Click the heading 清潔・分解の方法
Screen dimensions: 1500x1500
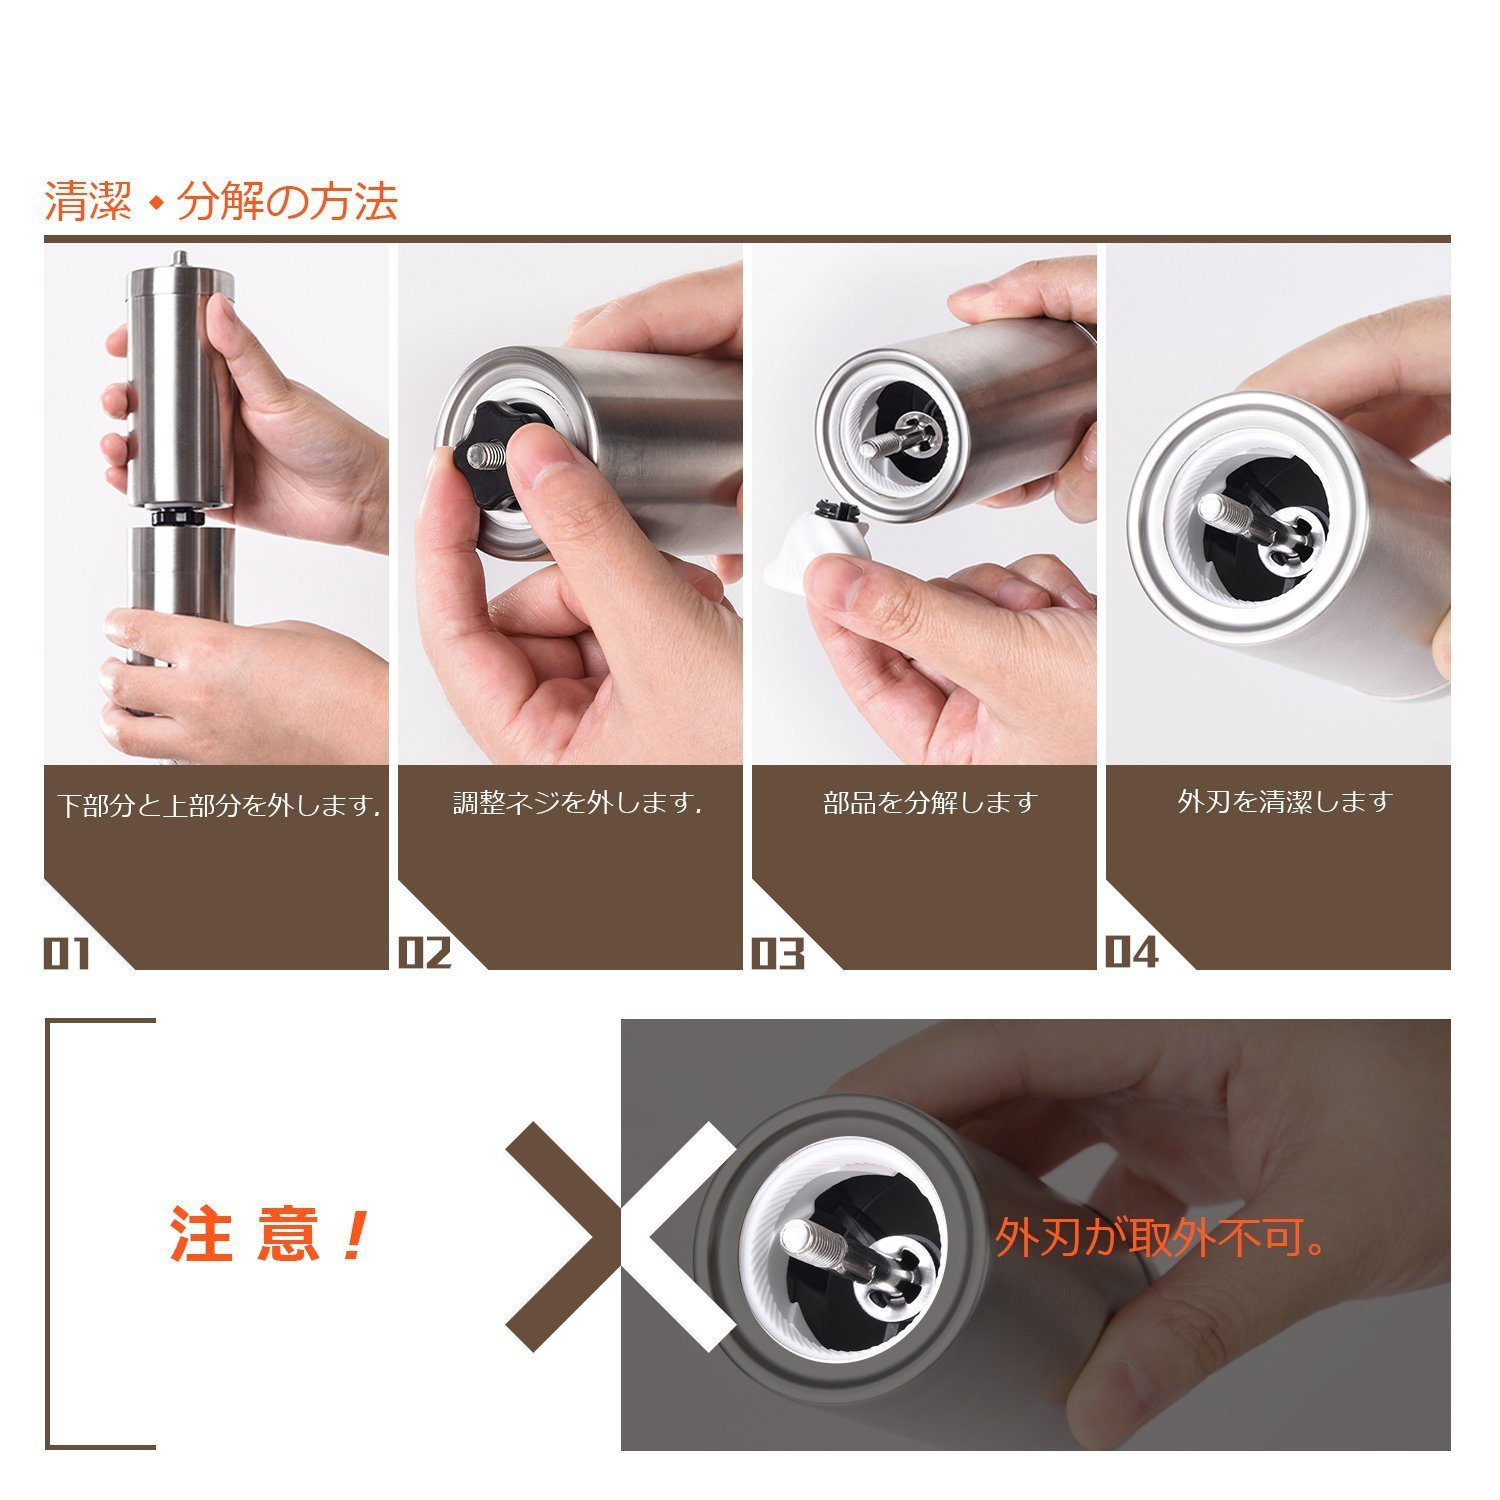[221, 202]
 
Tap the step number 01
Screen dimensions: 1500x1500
[67, 954]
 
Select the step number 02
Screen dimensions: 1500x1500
[425, 953]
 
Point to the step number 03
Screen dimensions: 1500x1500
[778, 954]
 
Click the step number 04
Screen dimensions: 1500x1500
[1132, 952]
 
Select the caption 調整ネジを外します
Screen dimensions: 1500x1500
[577, 803]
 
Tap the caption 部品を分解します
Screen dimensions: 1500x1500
[930, 803]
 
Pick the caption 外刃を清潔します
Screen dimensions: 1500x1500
[1285, 802]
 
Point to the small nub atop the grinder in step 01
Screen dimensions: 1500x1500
[179, 258]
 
